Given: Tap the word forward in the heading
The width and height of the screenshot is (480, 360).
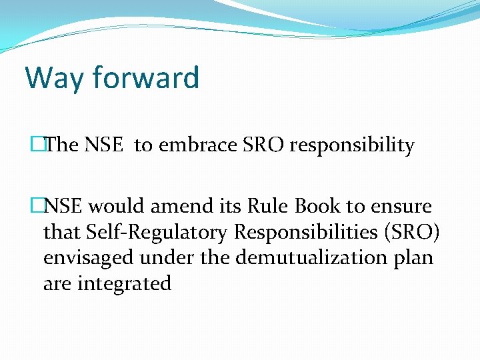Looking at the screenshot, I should coord(146,78).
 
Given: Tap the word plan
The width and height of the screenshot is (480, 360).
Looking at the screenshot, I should coord(413,258).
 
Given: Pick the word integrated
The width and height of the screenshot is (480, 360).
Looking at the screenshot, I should coord(124,283).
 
